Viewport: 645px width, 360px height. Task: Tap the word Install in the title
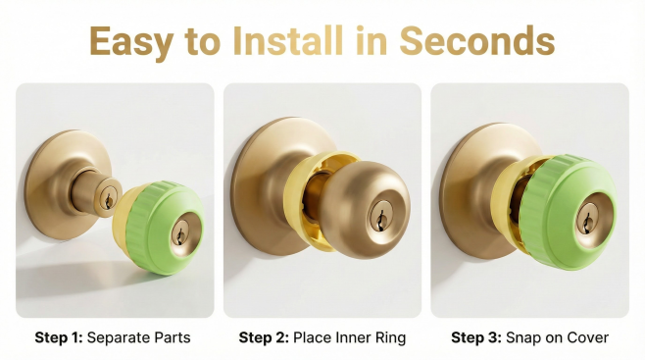coord(288,41)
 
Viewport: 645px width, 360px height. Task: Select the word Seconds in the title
coord(477,41)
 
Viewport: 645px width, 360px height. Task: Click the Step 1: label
coord(59,337)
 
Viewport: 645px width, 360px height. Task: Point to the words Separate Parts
coord(139,337)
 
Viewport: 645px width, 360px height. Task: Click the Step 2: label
coord(264,337)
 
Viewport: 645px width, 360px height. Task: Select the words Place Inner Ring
coord(350,337)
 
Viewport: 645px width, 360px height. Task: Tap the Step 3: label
coord(476,337)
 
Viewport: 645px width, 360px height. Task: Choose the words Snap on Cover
coord(558,337)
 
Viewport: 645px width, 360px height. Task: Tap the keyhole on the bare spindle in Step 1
coord(109,200)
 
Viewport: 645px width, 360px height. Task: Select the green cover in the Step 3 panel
coord(568,212)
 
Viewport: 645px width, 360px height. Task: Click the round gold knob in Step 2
coord(364,209)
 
